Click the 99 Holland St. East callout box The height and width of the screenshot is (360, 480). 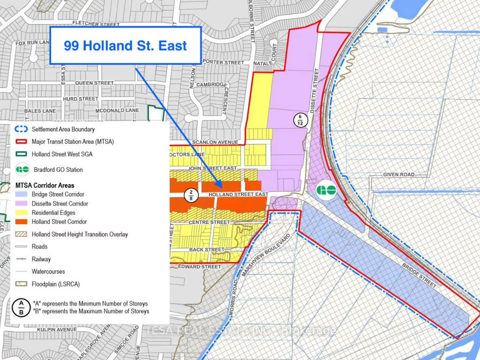pos(126,45)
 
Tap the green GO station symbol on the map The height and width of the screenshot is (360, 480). pos(325,190)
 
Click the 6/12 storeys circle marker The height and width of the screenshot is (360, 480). pos(299,120)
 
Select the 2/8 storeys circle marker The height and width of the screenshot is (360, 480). pos(191,195)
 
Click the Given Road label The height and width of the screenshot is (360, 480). pos(399,174)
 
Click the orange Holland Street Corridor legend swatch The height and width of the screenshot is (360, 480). pos(22,222)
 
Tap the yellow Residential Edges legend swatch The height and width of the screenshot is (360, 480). pos(22,213)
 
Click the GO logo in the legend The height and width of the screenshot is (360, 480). pos(22,170)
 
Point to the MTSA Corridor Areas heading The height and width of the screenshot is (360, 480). pos(45,186)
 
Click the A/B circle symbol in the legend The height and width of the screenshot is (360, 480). pos(22,307)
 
